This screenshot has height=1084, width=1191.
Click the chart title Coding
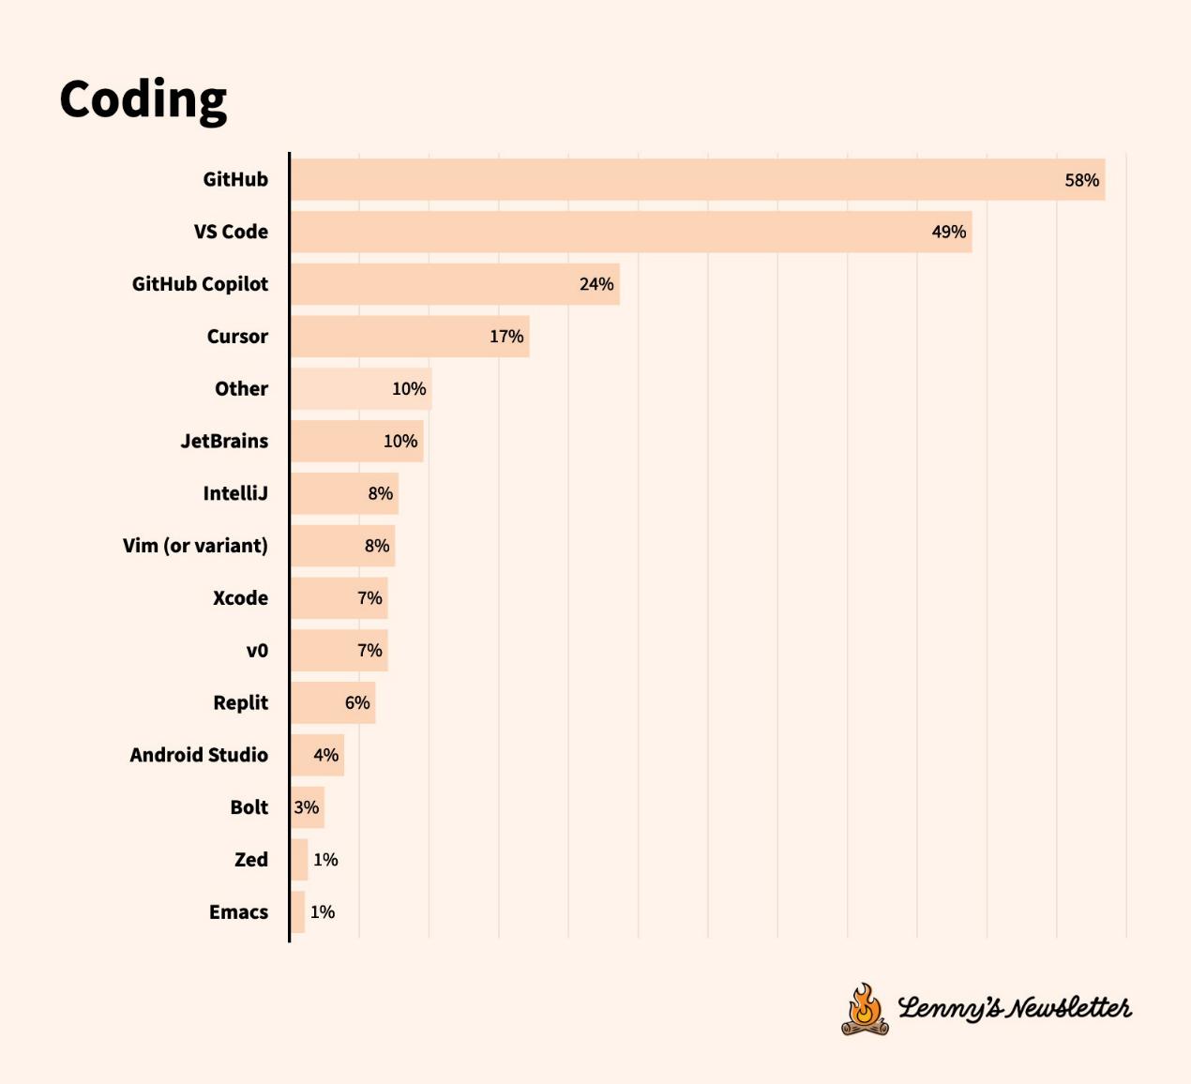tap(143, 98)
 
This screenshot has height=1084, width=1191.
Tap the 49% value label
tap(948, 232)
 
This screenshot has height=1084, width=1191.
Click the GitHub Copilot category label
tap(200, 284)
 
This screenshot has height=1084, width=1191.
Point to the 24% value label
tap(595, 284)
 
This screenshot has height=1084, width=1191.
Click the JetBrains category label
tap(224, 441)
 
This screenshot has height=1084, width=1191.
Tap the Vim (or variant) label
tap(195, 546)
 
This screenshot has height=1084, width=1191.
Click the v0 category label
tap(257, 651)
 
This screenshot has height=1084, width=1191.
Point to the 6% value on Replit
tap(357, 702)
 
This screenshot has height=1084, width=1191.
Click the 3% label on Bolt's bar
tap(306, 807)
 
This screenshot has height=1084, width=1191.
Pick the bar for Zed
tap(299, 860)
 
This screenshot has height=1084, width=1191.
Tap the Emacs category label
tap(238, 912)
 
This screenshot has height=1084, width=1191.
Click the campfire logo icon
tap(865, 1010)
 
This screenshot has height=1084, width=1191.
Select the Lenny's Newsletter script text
tap(1014, 1008)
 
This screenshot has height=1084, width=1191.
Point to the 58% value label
tap(1081, 180)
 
